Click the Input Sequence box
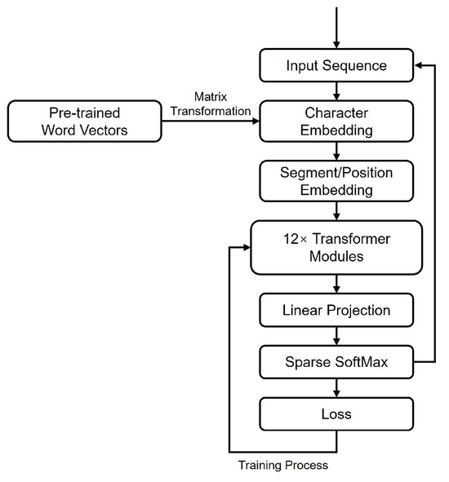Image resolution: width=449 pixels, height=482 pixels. coord(337,65)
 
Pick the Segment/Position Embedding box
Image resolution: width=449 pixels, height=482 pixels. coord(337,180)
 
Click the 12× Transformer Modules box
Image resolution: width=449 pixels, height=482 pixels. coord(337,246)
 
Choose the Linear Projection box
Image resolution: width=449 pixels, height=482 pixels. coord(337,310)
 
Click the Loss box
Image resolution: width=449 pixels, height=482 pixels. coord(337,414)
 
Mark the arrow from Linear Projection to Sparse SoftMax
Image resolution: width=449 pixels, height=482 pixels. coord(337,336)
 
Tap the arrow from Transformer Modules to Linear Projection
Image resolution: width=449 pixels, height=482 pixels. coord(337,283)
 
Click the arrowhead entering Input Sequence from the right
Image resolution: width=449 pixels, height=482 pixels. coord(420,65)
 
